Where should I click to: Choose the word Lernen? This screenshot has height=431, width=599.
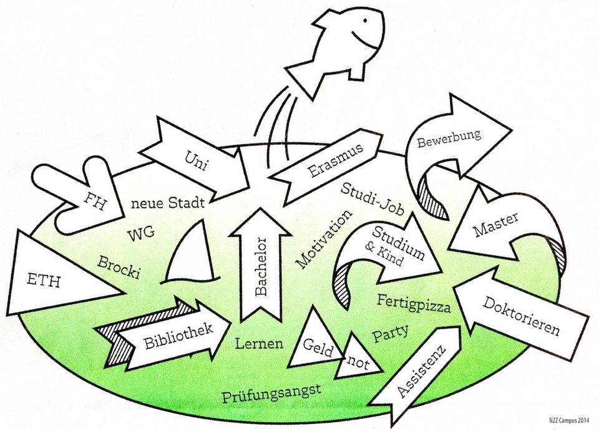[x=259, y=344]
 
